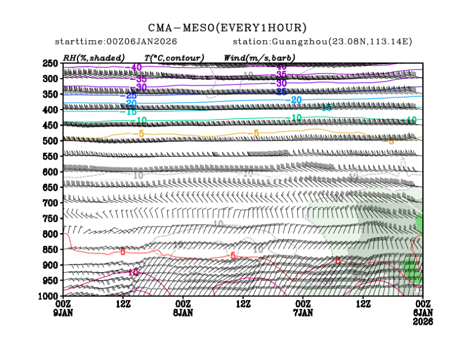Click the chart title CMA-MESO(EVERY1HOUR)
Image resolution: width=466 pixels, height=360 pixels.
coord(227,28)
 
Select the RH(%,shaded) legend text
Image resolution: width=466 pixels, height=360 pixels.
coord(94,58)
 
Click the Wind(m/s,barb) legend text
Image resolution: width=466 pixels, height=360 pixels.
coord(260,58)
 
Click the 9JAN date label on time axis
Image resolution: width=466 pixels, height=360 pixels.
coord(63,312)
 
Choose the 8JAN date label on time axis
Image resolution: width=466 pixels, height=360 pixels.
coord(183,312)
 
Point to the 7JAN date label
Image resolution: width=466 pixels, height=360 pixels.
coord(303,312)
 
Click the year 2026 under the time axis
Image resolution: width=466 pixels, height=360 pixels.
coord(423,321)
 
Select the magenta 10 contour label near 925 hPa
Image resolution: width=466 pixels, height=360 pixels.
coord(133,272)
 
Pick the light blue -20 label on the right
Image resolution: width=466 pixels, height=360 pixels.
coord(295,100)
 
